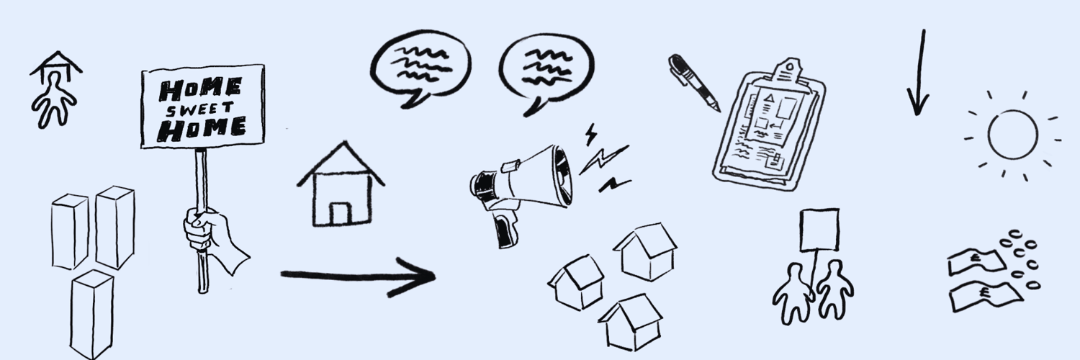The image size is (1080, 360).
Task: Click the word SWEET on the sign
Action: tap(199, 109)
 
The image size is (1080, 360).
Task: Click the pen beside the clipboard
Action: tap(693, 82)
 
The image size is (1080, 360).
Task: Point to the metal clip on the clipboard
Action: tap(791, 72)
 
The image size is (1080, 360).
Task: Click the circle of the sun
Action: tap(1012, 135)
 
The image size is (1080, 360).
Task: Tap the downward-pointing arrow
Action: tap(919, 72)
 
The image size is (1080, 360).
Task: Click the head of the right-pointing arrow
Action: tap(414, 276)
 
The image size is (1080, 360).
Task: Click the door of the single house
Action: tap(341, 214)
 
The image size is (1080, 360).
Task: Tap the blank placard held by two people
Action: tap(819, 230)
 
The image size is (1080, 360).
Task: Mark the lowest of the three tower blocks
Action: tap(91, 314)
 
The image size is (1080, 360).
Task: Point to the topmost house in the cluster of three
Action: tap(646, 251)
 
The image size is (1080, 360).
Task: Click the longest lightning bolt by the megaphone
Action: tap(603, 159)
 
